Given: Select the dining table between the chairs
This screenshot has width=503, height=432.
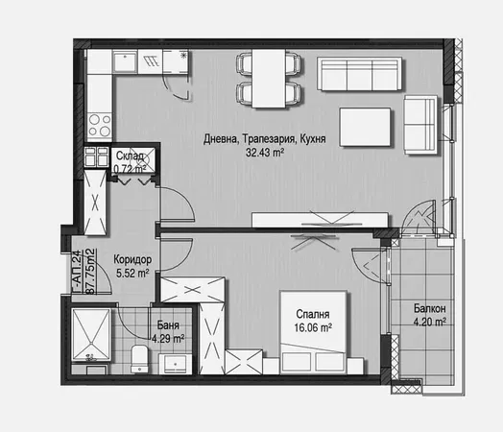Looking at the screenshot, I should [270, 77].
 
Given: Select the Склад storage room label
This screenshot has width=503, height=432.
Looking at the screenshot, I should [131, 156].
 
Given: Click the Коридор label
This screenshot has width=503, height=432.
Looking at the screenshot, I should [132, 259].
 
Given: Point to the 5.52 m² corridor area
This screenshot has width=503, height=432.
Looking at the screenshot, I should [132, 273].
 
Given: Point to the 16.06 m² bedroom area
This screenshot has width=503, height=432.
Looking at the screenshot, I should [313, 326].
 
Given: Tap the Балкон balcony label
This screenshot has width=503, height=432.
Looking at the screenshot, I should [430, 308].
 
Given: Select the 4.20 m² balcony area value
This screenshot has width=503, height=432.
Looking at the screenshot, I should [430, 322].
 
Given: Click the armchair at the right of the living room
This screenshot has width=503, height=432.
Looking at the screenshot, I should [419, 125].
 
